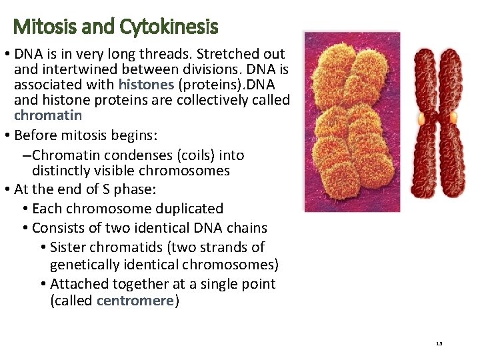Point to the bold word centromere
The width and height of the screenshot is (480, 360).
click(135, 300)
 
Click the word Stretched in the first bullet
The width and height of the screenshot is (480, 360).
click(226, 54)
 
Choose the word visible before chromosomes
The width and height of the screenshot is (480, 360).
click(114, 171)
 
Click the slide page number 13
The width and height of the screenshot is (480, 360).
click(439, 344)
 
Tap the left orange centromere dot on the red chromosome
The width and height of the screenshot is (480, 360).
click(421, 118)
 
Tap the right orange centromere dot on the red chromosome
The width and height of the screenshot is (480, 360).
click(453, 118)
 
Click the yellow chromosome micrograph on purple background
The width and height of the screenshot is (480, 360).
click(351, 121)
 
